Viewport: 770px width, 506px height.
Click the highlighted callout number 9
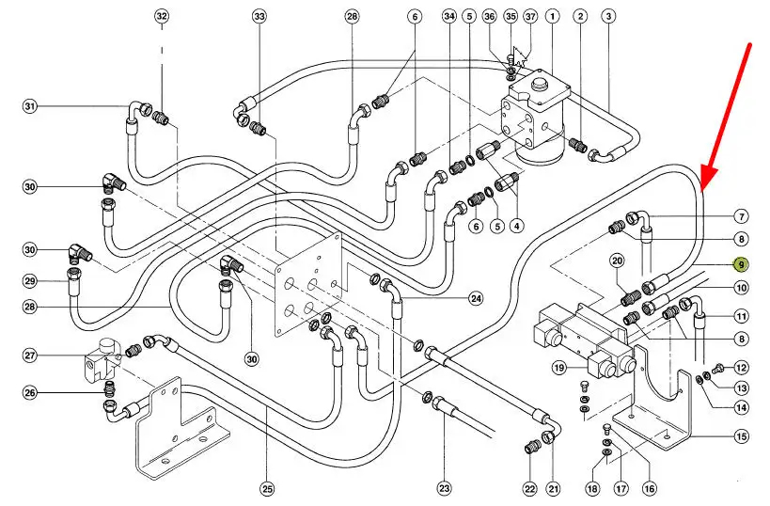click(x=741, y=266)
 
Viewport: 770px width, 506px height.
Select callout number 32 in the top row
click(x=162, y=17)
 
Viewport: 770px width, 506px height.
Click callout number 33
click(x=259, y=17)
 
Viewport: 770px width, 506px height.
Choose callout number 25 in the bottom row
click(x=268, y=489)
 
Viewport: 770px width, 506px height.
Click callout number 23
click(x=444, y=489)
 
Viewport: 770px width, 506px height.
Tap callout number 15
click(x=741, y=435)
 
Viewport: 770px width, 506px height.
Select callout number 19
click(x=558, y=368)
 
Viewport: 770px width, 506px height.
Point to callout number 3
click(x=608, y=17)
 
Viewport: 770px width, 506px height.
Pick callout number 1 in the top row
click(x=553, y=17)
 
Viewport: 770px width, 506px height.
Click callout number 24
click(x=476, y=299)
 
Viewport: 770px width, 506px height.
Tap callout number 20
click(x=617, y=261)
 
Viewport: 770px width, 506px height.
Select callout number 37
click(x=530, y=17)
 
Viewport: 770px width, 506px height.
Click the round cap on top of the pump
click(x=542, y=84)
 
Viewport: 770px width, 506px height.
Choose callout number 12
click(x=741, y=368)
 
